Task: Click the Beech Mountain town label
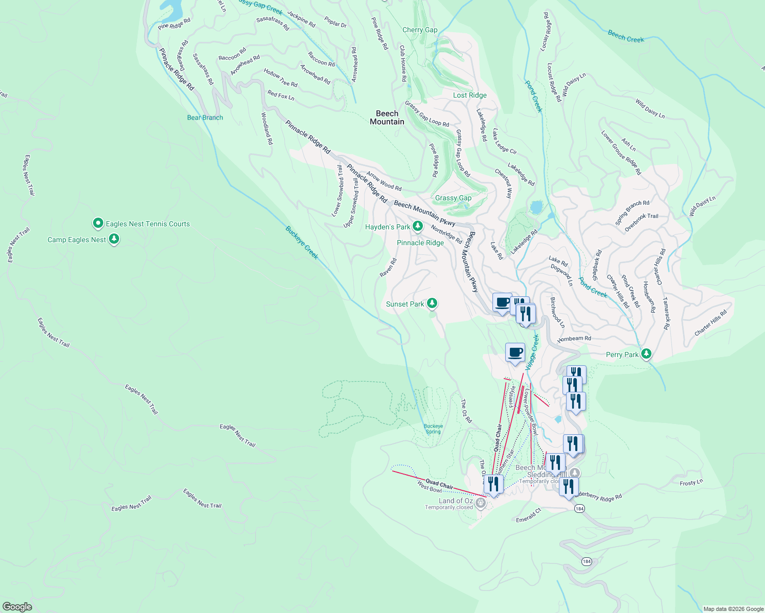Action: (x=387, y=117)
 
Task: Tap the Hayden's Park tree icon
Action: (x=418, y=226)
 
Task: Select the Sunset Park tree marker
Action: (x=432, y=303)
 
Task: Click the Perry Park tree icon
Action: (x=646, y=353)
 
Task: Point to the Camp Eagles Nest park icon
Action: (x=114, y=239)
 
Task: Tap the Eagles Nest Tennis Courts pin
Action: (x=98, y=223)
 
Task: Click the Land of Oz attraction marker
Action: (x=480, y=503)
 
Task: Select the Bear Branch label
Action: (x=205, y=117)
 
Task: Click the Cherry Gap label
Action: (x=420, y=30)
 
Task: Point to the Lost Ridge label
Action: (x=470, y=96)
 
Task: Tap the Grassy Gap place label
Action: (x=453, y=198)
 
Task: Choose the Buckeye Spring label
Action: (x=433, y=429)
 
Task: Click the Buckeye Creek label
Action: (x=302, y=243)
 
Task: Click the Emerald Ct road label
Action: (x=528, y=515)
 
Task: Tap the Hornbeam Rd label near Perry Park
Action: (x=574, y=339)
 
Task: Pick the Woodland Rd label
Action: (x=267, y=128)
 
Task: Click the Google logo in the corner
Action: (x=17, y=606)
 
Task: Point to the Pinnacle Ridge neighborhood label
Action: (x=420, y=243)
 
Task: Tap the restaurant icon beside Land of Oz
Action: (x=493, y=484)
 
